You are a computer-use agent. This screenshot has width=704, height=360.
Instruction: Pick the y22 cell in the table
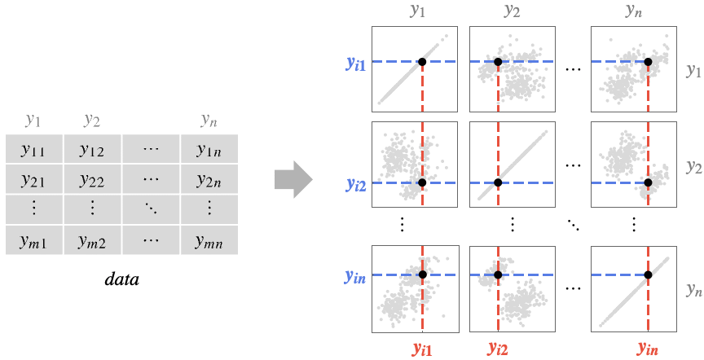pyautogui.click(x=91, y=178)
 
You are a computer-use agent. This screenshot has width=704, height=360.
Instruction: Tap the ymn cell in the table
pyautogui.click(x=209, y=240)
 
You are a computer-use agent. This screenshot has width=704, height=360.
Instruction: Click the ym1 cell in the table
pyautogui.click(x=33, y=240)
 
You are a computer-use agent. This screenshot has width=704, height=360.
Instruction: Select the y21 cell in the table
pyautogui.click(x=33, y=178)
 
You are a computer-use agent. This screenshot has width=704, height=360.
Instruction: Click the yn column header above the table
pyautogui.click(x=209, y=121)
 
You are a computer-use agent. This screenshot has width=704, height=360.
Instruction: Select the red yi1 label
pyautogui.click(x=422, y=349)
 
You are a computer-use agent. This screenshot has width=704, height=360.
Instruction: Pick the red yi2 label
pyautogui.click(x=498, y=349)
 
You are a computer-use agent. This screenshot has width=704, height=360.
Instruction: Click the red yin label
pyautogui.click(x=648, y=349)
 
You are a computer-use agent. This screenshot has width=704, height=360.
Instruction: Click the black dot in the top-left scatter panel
pyautogui.click(x=422, y=62)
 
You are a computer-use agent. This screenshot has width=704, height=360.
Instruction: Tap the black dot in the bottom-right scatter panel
pyautogui.click(x=648, y=275)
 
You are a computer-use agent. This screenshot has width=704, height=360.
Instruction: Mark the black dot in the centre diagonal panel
pyautogui.click(x=498, y=183)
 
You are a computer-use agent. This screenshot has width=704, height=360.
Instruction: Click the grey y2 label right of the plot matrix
pyautogui.click(x=693, y=168)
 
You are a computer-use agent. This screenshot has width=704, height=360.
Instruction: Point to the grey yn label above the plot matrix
pyautogui.click(x=633, y=11)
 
